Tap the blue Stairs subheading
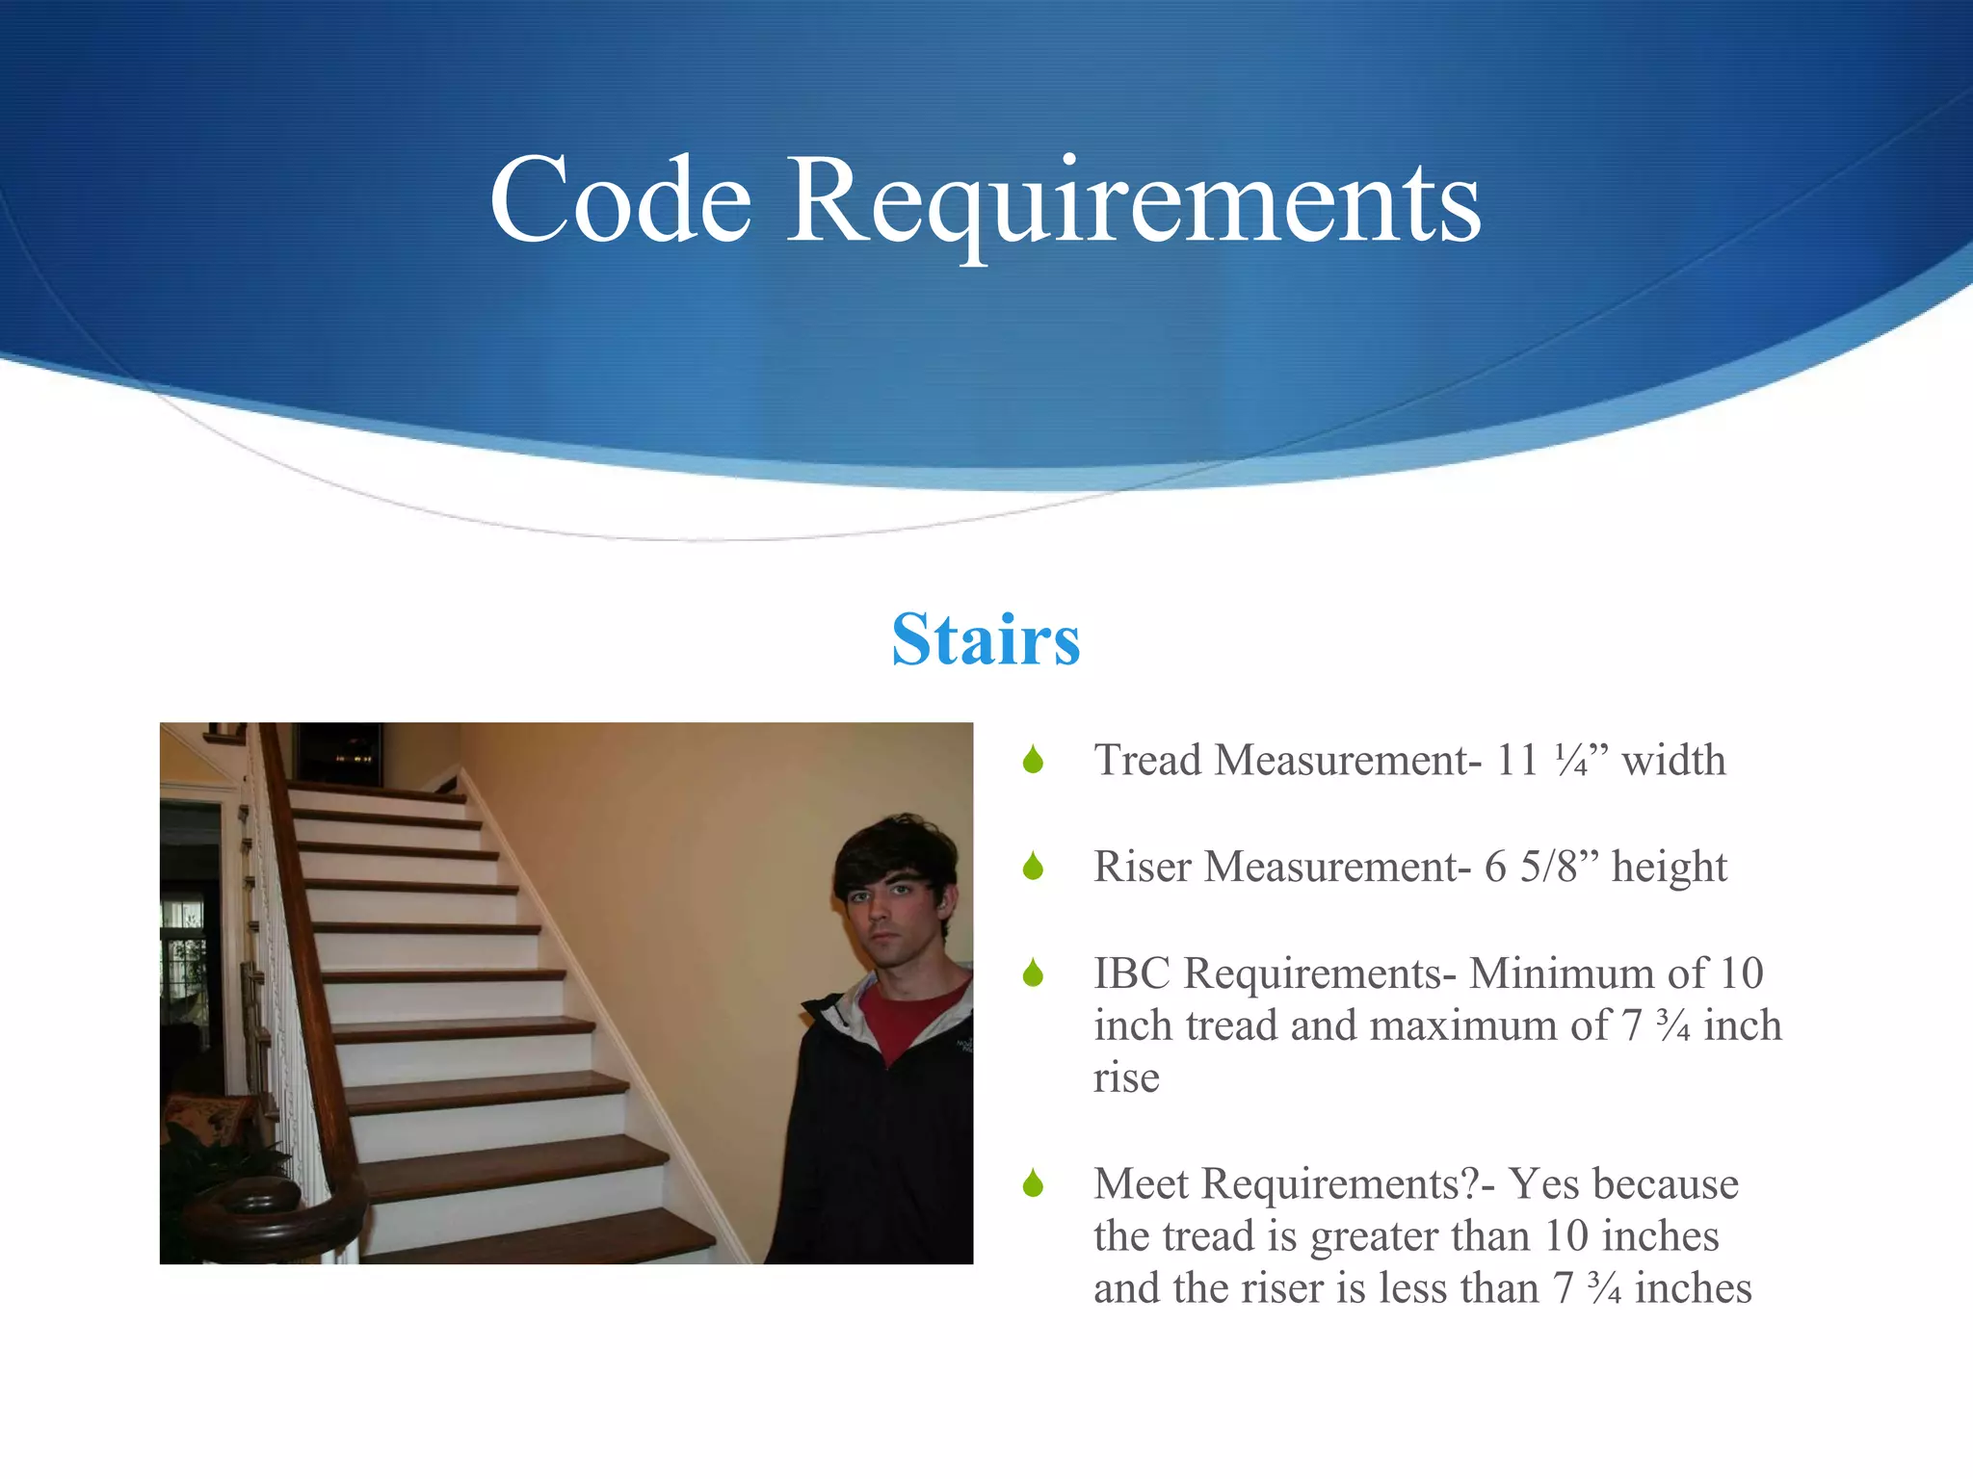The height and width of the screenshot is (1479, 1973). (986, 639)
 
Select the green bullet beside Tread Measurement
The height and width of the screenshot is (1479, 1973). (1034, 761)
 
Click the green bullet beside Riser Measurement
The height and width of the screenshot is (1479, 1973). (1034, 867)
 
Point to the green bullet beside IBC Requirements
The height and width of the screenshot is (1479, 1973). (1034, 973)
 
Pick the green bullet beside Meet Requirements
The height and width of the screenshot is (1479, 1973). (1034, 1183)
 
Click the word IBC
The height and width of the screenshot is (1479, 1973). (1133, 973)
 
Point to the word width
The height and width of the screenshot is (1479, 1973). (1673, 761)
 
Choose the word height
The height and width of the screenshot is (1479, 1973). (1670, 867)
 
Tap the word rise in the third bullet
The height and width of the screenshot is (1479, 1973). (1126, 1078)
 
